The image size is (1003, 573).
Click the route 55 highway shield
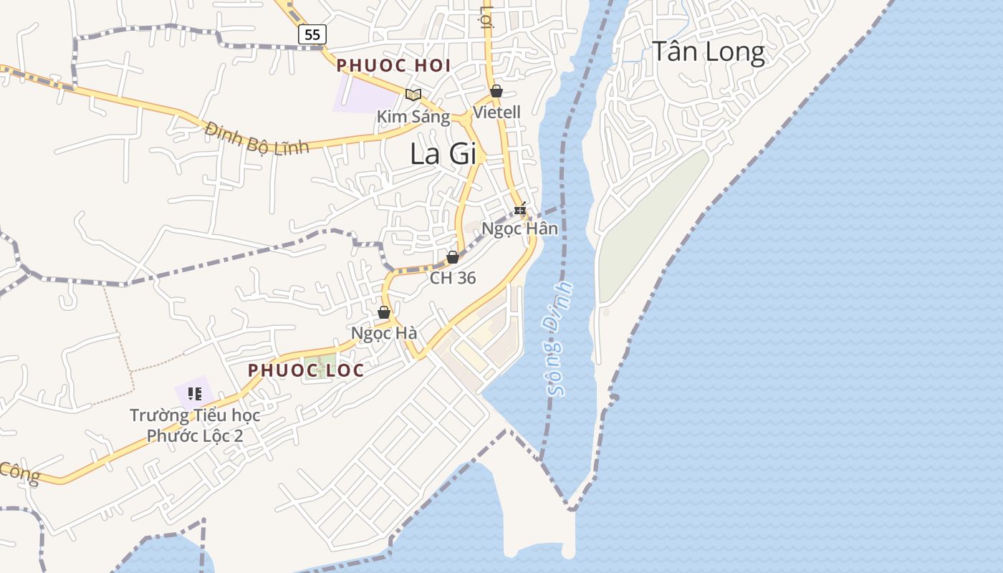(312, 34)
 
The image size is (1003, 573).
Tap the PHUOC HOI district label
(393, 66)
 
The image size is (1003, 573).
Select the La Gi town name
(443, 154)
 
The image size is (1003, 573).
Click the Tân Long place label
(708, 52)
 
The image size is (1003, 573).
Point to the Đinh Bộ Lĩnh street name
(256, 138)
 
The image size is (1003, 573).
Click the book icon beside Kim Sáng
(413, 95)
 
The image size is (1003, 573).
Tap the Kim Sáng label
(413, 117)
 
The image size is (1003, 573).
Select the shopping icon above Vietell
(496, 92)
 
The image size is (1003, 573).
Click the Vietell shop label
(496, 112)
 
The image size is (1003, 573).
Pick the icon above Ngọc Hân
(520, 209)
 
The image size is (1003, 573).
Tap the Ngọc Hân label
(519, 229)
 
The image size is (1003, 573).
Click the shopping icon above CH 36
(453, 257)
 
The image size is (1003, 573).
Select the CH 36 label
(453, 278)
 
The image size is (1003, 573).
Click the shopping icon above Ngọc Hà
(384, 313)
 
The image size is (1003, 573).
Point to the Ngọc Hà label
(384, 334)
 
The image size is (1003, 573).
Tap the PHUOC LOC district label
(306, 371)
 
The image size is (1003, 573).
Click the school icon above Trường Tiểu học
(194, 393)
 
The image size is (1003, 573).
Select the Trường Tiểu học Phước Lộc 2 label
(195, 425)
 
